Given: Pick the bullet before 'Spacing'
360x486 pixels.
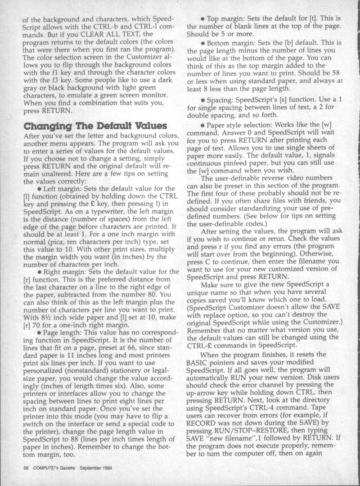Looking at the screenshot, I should [x=204, y=99].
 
